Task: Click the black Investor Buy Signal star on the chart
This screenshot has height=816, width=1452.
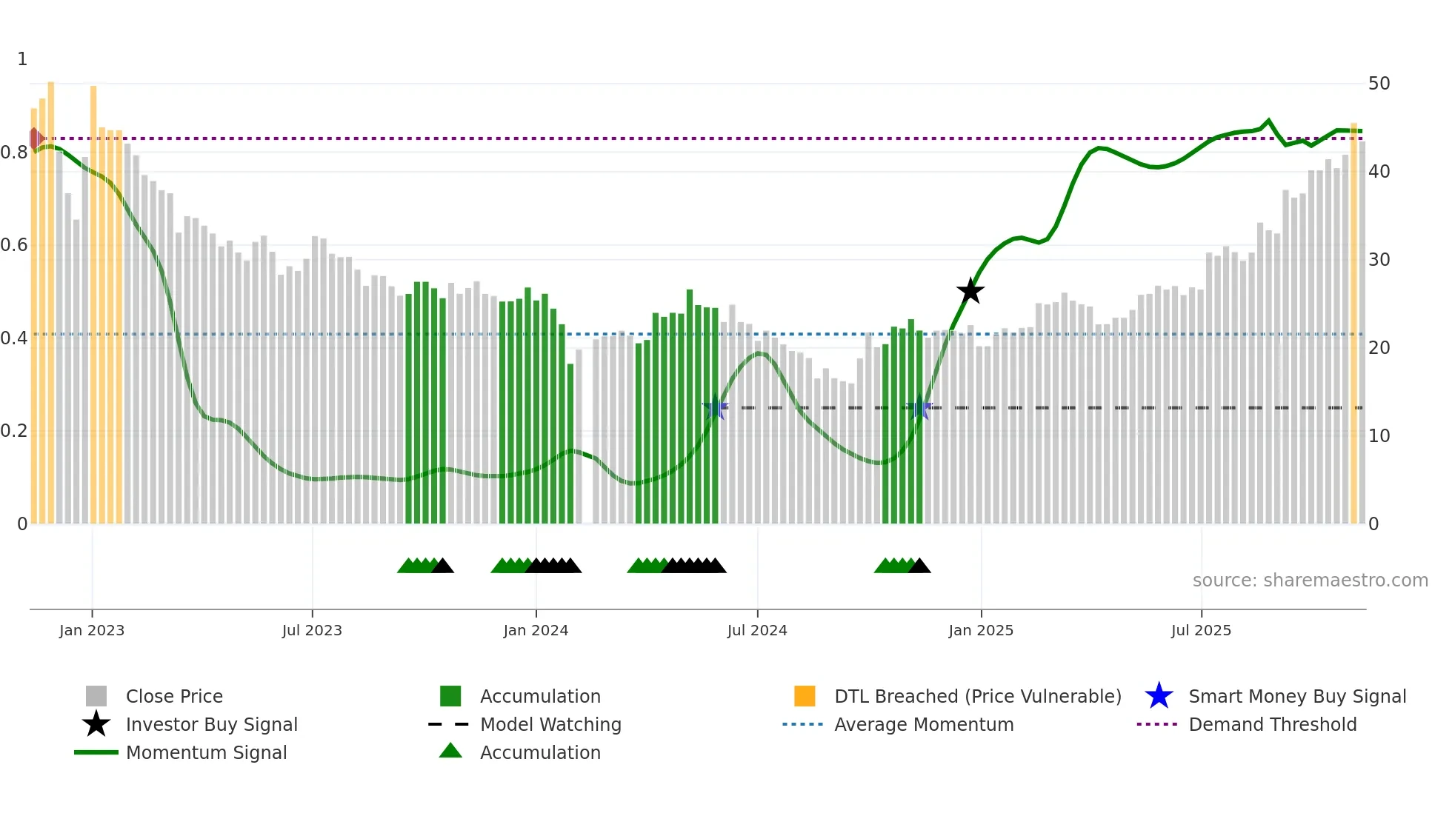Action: tap(970, 291)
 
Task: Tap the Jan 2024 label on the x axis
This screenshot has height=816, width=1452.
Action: tap(536, 630)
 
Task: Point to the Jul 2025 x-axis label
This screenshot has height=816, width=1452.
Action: tap(1201, 630)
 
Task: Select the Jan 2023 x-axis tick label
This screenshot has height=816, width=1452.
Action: tap(92, 630)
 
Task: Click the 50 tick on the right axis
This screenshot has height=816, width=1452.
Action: tap(1379, 84)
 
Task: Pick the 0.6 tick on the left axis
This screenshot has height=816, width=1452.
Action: tap(14, 245)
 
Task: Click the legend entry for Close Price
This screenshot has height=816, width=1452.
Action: tap(174, 696)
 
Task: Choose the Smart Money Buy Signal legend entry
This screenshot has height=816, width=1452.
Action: tap(1296, 696)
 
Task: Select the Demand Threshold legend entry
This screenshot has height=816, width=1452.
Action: tap(1272, 724)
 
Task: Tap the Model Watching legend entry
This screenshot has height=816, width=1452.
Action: tap(550, 724)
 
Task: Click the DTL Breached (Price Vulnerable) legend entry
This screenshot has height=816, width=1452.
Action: tap(977, 696)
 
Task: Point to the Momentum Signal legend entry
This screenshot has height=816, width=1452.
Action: tap(206, 752)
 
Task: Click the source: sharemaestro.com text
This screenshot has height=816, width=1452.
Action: tap(1310, 581)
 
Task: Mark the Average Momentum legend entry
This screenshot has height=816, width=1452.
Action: tap(924, 724)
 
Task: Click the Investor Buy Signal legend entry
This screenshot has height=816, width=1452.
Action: tap(211, 724)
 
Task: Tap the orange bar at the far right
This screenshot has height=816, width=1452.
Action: tap(1354, 326)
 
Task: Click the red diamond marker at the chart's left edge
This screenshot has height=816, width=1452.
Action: tap(35, 138)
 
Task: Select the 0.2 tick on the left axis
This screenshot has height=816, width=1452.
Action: tap(14, 431)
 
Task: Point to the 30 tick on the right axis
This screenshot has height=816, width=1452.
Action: tap(1379, 260)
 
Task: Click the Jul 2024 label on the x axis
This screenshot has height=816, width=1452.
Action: tap(757, 630)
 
